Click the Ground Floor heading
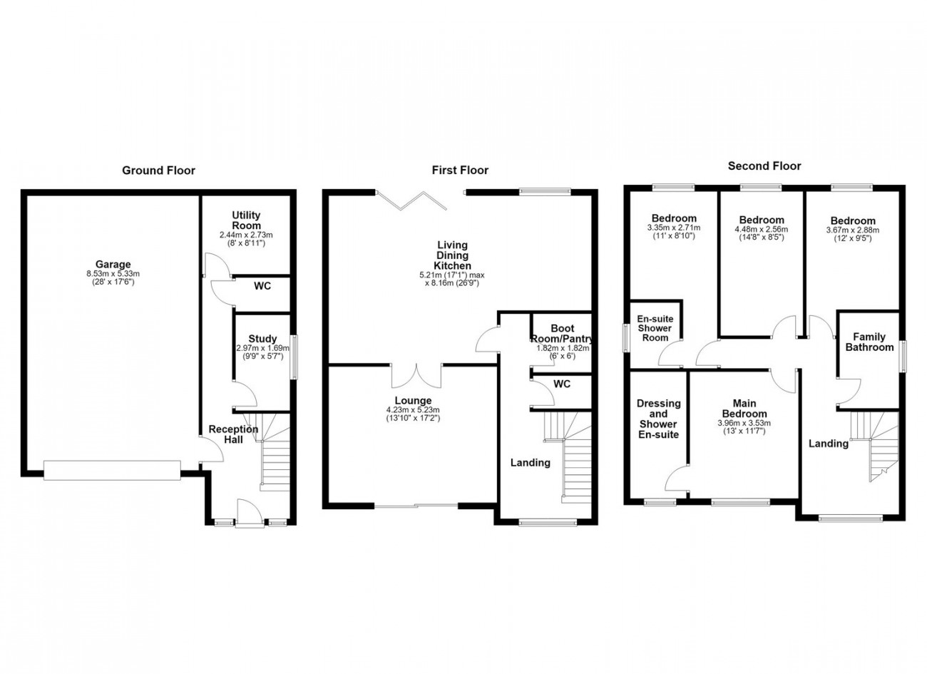tap(158, 170)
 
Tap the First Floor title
tap(460, 170)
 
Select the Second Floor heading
tap(764, 166)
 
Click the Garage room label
tap(113, 264)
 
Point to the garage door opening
tap(112, 470)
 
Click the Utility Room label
tap(246, 220)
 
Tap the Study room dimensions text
tap(262, 352)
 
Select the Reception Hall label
tap(233, 434)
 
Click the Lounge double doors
tap(416, 376)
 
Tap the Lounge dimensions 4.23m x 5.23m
tap(413, 410)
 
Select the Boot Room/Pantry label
tap(563, 334)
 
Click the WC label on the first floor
tap(562, 384)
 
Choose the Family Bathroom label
tap(869, 342)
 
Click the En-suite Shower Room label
tap(655, 328)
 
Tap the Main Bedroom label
tap(744, 409)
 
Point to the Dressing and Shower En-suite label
tap(658, 419)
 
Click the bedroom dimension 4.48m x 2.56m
tap(762, 230)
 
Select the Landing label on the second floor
tap(829, 444)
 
